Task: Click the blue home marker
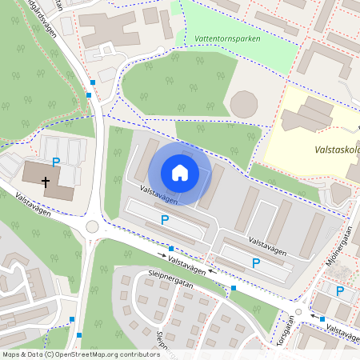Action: (x=180, y=173)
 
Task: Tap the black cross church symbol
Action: (x=46, y=182)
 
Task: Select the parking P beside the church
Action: (x=56, y=162)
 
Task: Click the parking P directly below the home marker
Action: (x=165, y=220)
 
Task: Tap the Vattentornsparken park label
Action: (x=228, y=38)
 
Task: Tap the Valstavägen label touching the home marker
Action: (x=158, y=193)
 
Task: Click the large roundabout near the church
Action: (x=93, y=227)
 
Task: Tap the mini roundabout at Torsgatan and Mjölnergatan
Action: (x=298, y=312)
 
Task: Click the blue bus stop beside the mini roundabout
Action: (x=322, y=318)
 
